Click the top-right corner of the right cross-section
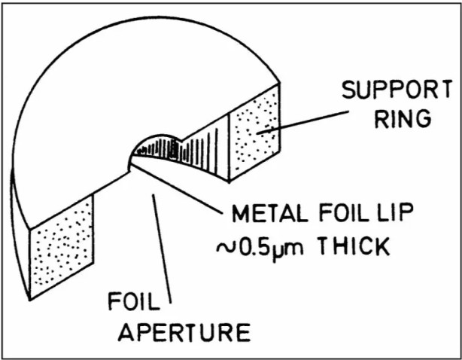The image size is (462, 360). coord(281,84)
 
